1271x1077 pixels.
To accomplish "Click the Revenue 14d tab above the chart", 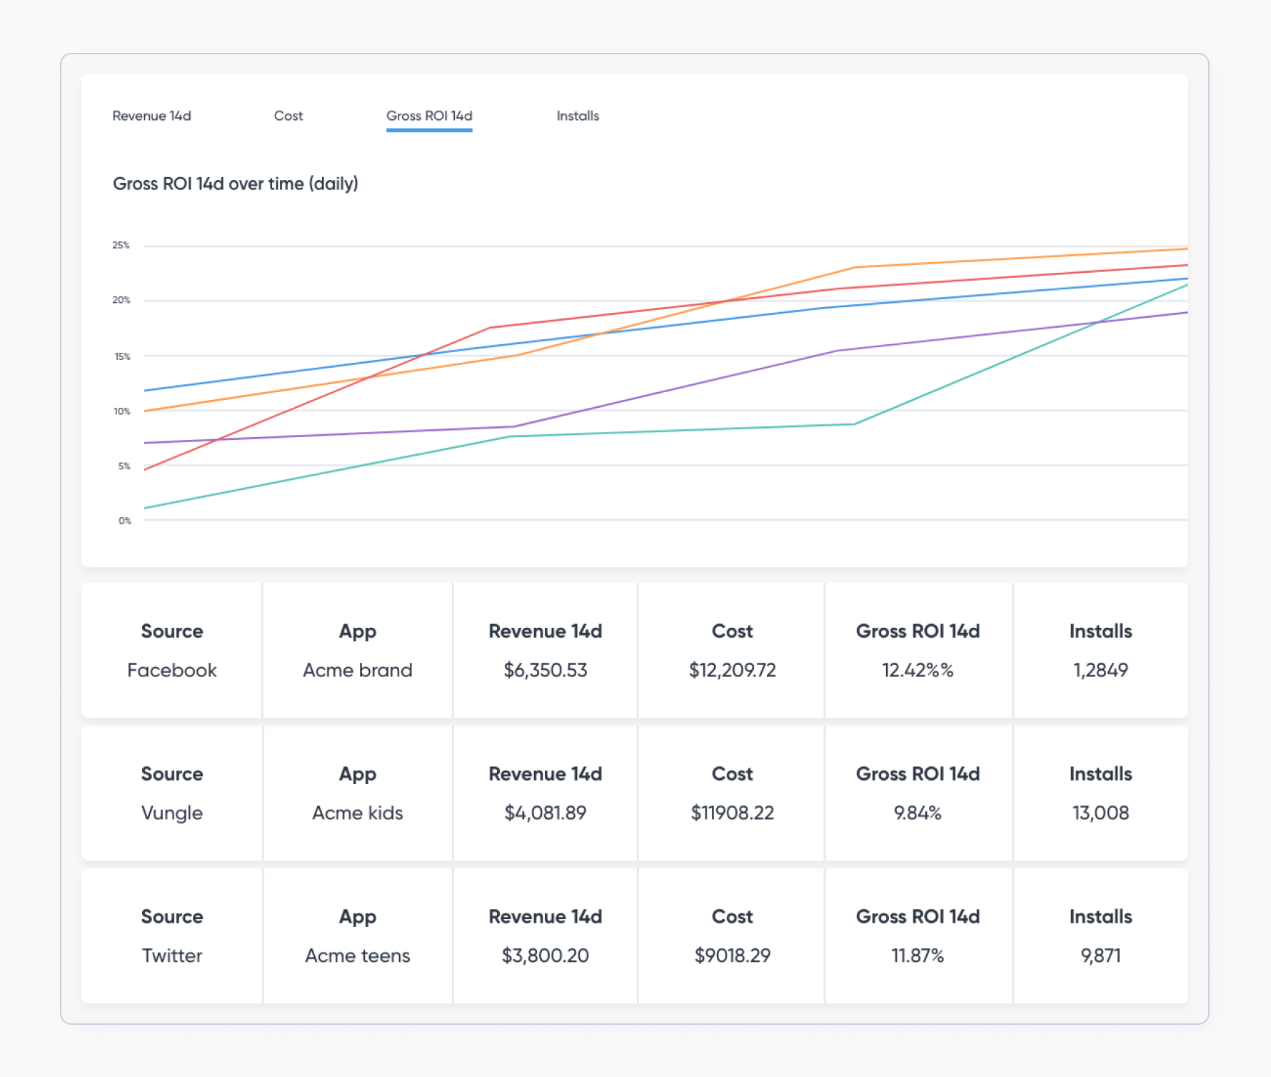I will point(151,116).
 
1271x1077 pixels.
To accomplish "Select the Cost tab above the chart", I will point(288,116).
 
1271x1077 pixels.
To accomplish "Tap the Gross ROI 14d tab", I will point(429,116).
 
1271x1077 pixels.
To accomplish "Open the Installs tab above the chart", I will point(578,116).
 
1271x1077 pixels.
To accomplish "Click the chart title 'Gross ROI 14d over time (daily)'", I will point(236,184).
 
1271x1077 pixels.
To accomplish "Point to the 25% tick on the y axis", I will point(121,245).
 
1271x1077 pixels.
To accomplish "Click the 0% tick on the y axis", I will point(125,521).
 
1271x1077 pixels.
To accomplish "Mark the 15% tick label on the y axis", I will point(122,356).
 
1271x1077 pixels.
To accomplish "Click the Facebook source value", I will point(172,670).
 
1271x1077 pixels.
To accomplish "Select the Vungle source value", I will point(172,813).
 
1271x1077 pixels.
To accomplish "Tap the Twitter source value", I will point(172,956).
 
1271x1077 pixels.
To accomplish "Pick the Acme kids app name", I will point(358,813).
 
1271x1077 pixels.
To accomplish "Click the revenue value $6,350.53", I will point(546,670).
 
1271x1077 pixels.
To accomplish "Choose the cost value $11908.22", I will point(733,813).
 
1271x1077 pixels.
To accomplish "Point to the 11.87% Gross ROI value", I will point(918,956).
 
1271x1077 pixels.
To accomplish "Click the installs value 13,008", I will point(1100,813).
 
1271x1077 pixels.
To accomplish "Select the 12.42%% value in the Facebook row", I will point(918,670).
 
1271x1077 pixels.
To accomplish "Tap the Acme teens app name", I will point(358,956).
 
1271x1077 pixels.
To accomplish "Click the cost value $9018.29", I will point(733,956).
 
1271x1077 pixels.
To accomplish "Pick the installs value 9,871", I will point(1100,956).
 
